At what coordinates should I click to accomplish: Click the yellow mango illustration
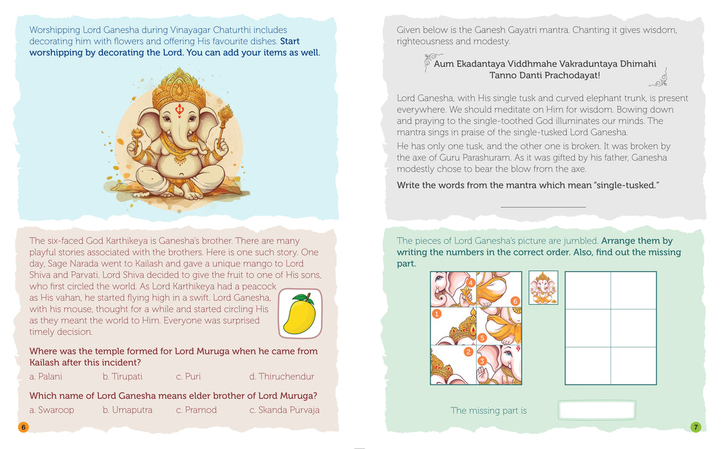click(x=300, y=314)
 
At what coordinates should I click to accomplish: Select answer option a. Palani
click(x=46, y=377)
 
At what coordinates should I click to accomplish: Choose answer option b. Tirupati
click(x=123, y=377)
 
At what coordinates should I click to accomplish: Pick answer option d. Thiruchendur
click(x=282, y=377)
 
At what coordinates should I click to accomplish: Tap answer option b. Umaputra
click(x=128, y=410)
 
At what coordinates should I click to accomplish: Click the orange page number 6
click(x=23, y=427)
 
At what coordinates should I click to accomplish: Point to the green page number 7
click(x=696, y=427)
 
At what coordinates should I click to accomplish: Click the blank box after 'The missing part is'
click(x=597, y=410)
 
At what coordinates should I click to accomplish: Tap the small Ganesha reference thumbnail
click(x=544, y=287)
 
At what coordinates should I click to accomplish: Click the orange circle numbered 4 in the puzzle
click(x=470, y=282)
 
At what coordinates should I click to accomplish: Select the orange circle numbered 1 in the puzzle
click(x=436, y=314)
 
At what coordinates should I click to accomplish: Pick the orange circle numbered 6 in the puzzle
click(x=515, y=301)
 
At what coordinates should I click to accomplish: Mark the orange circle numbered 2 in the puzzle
click(x=468, y=352)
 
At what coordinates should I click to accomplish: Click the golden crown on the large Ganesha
click(x=179, y=89)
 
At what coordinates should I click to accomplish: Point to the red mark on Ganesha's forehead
click(x=180, y=110)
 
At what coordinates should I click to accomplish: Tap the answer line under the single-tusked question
click(x=544, y=207)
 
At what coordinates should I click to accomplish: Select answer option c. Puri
click(x=188, y=377)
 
